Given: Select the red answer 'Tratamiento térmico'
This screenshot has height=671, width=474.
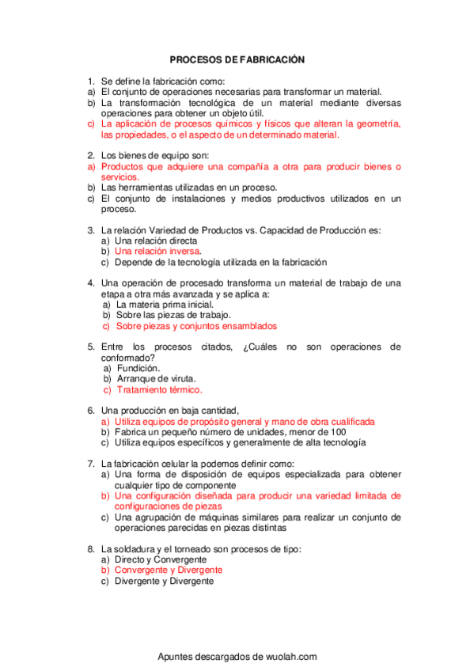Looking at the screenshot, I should click(159, 389).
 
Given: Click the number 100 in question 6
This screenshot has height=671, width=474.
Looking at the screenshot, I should click(338, 432).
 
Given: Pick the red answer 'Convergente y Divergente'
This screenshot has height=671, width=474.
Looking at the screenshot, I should click(169, 570).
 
